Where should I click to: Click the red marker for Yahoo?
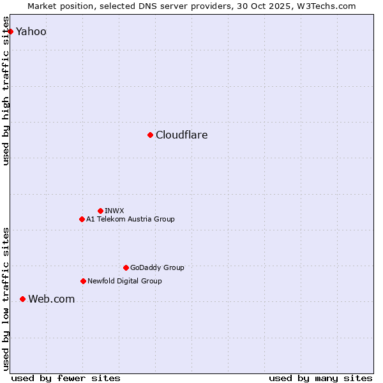(10, 31)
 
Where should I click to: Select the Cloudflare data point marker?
(150, 135)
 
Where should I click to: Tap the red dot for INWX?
(100, 211)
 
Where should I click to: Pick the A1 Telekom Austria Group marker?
(82, 219)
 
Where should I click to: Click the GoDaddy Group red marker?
(126, 267)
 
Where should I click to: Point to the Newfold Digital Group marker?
(83, 281)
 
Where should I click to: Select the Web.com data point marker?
(22, 299)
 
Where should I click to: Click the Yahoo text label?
(31, 31)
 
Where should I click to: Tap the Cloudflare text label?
(181, 135)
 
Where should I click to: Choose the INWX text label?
(114, 211)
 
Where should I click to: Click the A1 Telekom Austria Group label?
(130, 219)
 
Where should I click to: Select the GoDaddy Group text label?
(157, 267)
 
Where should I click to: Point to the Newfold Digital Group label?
(124, 281)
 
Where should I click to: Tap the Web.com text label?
(51, 299)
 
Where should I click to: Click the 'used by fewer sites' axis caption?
(66, 378)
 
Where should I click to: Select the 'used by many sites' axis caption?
(320, 378)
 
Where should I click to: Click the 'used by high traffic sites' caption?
(6, 91)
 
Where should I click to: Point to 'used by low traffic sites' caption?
(6, 299)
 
